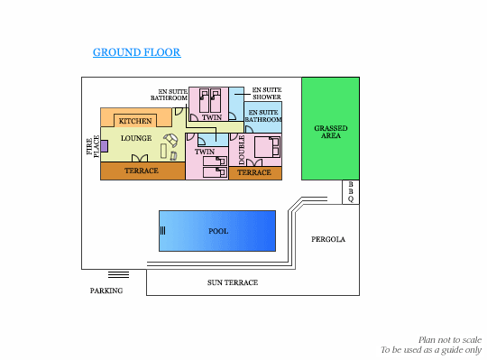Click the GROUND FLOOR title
tap(137, 52)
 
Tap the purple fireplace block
tap(104, 146)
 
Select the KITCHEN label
tap(135, 121)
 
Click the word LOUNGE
tap(136, 138)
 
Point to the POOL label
tap(218, 231)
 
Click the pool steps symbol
tap(162, 230)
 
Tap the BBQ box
tap(351, 192)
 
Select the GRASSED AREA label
tap(331, 132)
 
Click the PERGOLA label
tap(328, 239)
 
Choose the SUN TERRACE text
tap(233, 282)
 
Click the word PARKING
tap(106, 291)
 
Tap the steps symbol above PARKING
tap(118, 274)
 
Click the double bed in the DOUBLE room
tap(267, 147)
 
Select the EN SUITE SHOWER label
tap(267, 93)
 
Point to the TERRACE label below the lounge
tap(142, 171)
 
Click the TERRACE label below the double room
tap(254, 172)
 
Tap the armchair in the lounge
tap(171, 140)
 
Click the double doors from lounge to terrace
tap(140, 158)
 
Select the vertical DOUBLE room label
tap(242, 150)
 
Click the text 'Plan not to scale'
tap(450, 340)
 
